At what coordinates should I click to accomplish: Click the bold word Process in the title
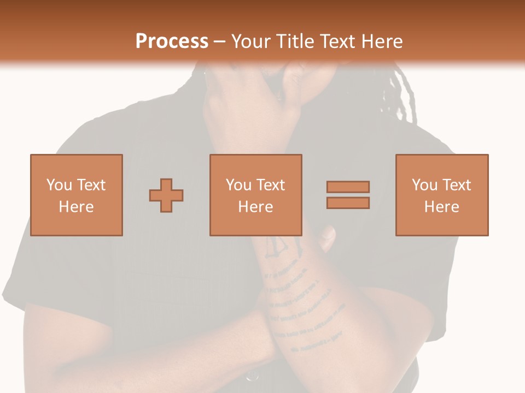click(x=172, y=41)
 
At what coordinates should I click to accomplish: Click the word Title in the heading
click(x=295, y=41)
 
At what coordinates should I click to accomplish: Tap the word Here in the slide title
click(x=380, y=41)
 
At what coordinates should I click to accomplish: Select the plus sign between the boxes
click(x=166, y=195)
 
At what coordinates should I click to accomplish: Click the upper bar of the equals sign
click(x=348, y=187)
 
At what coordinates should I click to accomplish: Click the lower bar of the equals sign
click(x=348, y=203)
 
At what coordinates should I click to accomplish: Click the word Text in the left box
click(x=91, y=185)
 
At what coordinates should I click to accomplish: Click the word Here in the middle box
click(x=256, y=207)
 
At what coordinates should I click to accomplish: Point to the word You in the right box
click(x=424, y=185)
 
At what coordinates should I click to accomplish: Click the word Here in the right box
click(x=442, y=207)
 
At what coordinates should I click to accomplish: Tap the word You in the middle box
click(x=238, y=185)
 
